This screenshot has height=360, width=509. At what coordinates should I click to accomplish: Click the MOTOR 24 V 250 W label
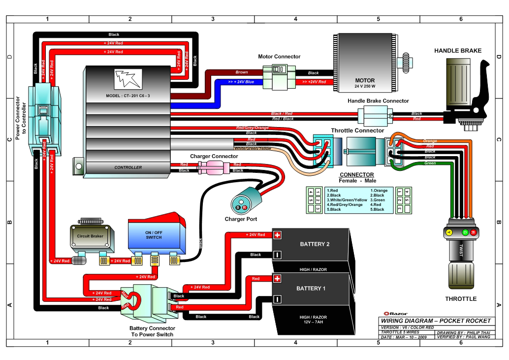pos(365,83)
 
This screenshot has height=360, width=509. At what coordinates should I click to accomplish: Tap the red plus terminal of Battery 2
pos(277,235)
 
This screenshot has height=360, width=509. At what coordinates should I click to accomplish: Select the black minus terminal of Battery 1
pos(277,299)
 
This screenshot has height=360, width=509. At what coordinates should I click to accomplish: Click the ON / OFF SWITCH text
pos(153,234)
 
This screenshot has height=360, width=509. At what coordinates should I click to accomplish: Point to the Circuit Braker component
pos(91,237)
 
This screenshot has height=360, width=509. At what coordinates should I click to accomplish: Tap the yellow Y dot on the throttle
pos(448,231)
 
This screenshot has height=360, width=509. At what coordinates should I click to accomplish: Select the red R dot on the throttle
pos(473,231)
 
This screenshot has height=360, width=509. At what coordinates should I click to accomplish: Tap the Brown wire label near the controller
pos(242,72)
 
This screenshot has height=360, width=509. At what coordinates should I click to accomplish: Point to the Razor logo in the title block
pos(392,313)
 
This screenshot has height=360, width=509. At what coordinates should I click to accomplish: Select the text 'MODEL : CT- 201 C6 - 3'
pos(127,96)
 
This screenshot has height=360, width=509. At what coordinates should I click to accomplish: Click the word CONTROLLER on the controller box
pos(128,167)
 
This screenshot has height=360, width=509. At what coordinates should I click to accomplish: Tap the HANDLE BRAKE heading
pos(457,51)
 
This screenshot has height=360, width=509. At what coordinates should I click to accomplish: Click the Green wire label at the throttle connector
pos(430,163)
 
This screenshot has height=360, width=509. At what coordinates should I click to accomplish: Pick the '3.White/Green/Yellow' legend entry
pos(347,200)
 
